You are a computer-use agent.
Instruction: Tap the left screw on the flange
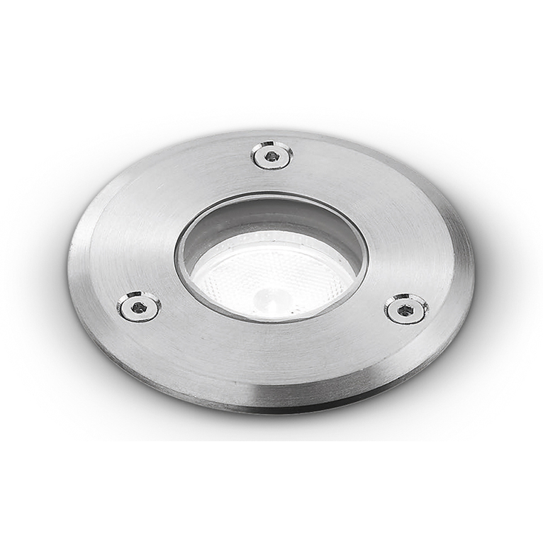[x=139, y=306]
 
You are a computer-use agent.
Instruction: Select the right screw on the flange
[x=406, y=308]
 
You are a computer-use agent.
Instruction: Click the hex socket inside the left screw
[x=138, y=306]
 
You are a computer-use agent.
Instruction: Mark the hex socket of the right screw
[x=405, y=308]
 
